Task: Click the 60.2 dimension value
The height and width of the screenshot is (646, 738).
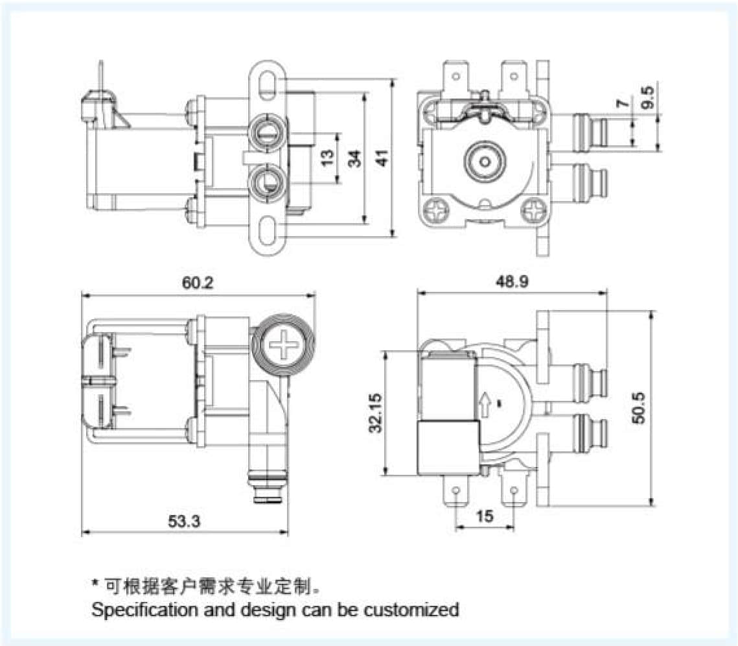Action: [x=198, y=283]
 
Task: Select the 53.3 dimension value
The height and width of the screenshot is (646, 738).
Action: [x=185, y=520]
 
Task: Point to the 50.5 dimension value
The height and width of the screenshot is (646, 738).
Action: [x=639, y=407]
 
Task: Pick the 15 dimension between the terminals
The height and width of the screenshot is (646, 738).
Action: [x=485, y=516]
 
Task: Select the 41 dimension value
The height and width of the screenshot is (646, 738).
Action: [x=383, y=158]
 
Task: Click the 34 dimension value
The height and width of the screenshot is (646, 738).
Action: [x=354, y=158]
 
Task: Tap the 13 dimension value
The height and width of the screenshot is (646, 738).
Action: [x=328, y=158]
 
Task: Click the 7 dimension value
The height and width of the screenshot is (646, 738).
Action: [x=623, y=104]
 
